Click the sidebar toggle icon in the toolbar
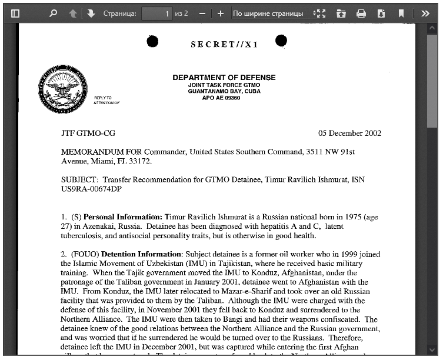(x=15, y=13)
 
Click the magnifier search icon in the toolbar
(x=54, y=13)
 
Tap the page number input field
(x=156, y=13)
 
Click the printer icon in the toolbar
(x=361, y=13)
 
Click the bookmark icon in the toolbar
(x=401, y=13)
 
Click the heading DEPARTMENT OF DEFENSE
(x=224, y=78)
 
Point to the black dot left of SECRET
(x=152, y=41)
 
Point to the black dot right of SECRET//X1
(x=281, y=40)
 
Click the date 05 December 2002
(x=349, y=134)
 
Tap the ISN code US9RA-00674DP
(x=91, y=189)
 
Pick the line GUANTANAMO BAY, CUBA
(x=224, y=91)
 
